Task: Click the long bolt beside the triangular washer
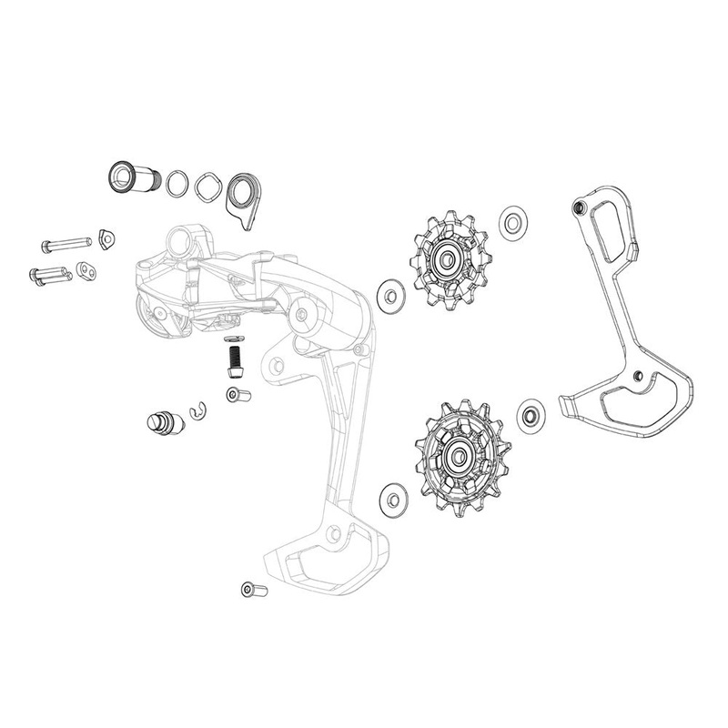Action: [66, 244]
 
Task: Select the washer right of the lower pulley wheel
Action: [530, 415]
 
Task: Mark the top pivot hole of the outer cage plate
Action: [575, 208]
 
